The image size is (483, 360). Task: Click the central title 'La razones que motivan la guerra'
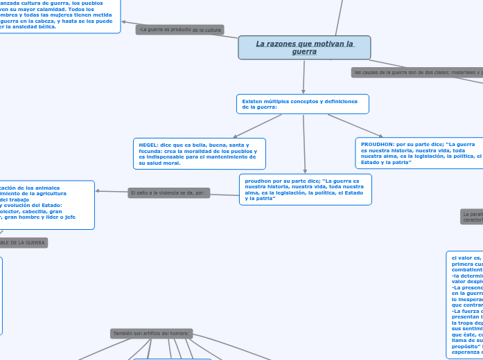[304, 48]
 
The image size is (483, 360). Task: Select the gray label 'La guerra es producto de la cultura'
[179, 30]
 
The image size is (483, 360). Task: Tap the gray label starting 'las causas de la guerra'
[416, 72]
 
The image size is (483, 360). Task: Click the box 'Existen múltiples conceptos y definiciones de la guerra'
[302, 104]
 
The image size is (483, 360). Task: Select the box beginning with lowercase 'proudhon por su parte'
[305, 189]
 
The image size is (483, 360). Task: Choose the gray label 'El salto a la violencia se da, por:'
[168, 192]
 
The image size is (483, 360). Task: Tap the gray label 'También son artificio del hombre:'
[151, 333]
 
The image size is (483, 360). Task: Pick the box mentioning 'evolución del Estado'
[46, 205]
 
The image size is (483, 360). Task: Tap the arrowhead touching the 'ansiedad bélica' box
[124, 22]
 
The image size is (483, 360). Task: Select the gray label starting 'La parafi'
[472, 217]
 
